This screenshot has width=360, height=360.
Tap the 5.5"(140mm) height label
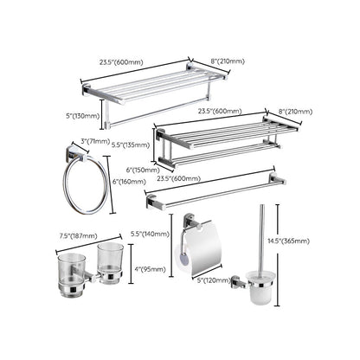pos(150,234)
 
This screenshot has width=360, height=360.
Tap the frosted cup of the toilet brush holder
pos(257,280)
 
